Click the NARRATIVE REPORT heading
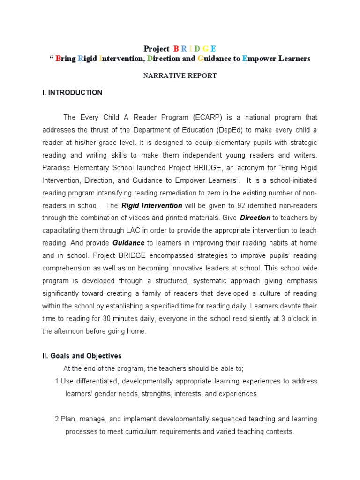(x=180, y=76)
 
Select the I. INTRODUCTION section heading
(x=72, y=93)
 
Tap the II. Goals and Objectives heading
(x=82, y=356)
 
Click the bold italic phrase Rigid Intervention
(x=152, y=205)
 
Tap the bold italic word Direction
(x=255, y=217)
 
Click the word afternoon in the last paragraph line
(x=70, y=331)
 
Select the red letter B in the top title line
(x=176, y=49)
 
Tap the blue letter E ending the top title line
(x=214, y=49)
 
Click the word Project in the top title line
(x=156, y=49)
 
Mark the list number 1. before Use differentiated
(x=57, y=381)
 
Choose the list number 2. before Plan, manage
(x=57, y=419)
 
